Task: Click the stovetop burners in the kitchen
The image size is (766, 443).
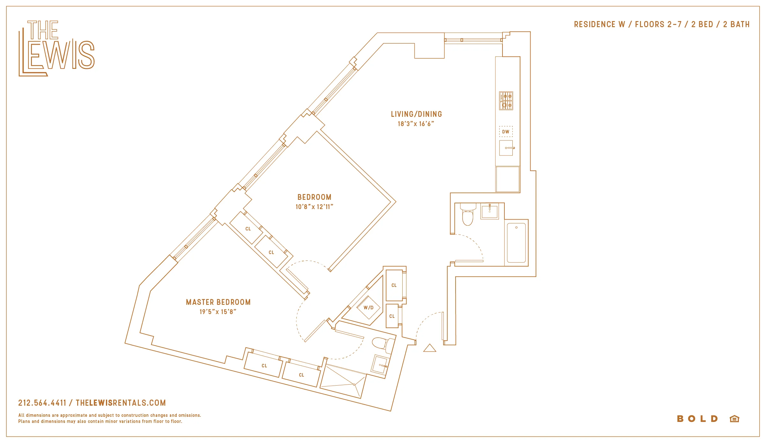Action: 506,101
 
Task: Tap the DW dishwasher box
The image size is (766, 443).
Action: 506,131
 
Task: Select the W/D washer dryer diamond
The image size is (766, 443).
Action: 369,308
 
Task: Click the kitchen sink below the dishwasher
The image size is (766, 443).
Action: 506,148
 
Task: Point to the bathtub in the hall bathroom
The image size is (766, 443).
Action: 516,243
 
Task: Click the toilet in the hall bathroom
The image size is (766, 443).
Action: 468,215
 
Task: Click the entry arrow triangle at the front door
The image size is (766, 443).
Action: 430,348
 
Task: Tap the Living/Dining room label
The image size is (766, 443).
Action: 416,114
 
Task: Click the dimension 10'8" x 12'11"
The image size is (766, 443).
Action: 314,207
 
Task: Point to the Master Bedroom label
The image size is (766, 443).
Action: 218,302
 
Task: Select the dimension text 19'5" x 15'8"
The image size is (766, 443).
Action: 218,312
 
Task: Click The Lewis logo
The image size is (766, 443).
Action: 57,48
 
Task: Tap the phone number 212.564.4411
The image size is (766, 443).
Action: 42,403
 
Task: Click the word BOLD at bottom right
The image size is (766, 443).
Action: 697,419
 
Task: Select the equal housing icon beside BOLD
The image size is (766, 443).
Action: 734,419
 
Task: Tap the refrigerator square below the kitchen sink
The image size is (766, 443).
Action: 508,179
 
